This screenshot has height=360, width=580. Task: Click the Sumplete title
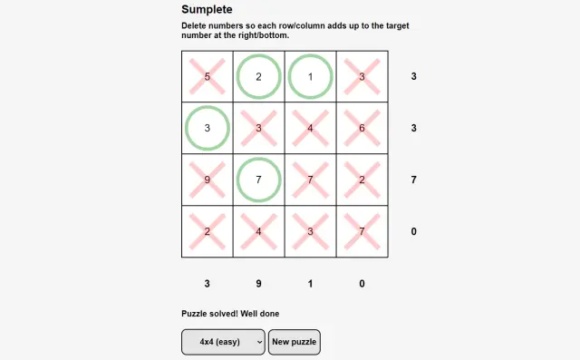coord(207,9)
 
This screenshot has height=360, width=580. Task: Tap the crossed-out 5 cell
coord(208,76)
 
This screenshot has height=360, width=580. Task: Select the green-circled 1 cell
coord(310,76)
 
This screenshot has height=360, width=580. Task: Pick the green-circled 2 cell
coord(258,76)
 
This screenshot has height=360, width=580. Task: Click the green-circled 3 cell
coord(208,128)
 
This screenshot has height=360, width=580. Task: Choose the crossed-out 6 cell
coord(362,128)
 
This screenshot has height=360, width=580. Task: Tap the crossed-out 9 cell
coord(208,180)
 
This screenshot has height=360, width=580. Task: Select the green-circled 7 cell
coord(258,180)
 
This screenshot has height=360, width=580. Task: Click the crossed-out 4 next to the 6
coord(310,128)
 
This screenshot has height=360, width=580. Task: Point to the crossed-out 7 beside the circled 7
coord(310,180)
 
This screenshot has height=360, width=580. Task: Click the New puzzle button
coord(294,342)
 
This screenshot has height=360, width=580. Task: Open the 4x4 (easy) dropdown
coord(223,342)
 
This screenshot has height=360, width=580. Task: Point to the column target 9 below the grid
coord(258,284)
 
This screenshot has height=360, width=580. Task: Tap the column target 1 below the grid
coord(310,284)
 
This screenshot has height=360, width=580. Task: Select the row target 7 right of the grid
coord(413,180)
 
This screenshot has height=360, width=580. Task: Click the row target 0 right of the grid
coord(413,231)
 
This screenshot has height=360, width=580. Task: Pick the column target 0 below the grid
coord(362,284)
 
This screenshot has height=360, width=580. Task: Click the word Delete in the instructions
coord(194,26)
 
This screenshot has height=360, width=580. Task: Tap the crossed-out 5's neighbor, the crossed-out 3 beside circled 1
coord(362,76)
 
